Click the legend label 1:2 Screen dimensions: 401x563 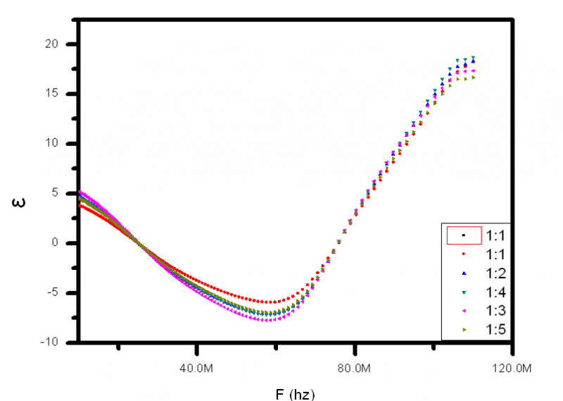(x=497, y=272)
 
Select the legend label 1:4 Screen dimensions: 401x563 (x=497, y=291)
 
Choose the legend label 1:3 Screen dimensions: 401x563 (x=497, y=310)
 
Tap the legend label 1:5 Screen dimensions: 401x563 (x=497, y=329)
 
